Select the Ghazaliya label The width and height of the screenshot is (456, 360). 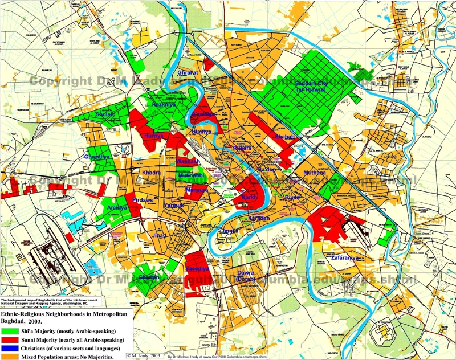(97, 156)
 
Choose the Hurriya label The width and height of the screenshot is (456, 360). (154, 136)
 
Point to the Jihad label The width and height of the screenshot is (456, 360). (160, 235)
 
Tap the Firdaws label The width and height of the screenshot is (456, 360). (144, 201)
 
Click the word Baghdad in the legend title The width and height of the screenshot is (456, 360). (15, 322)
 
